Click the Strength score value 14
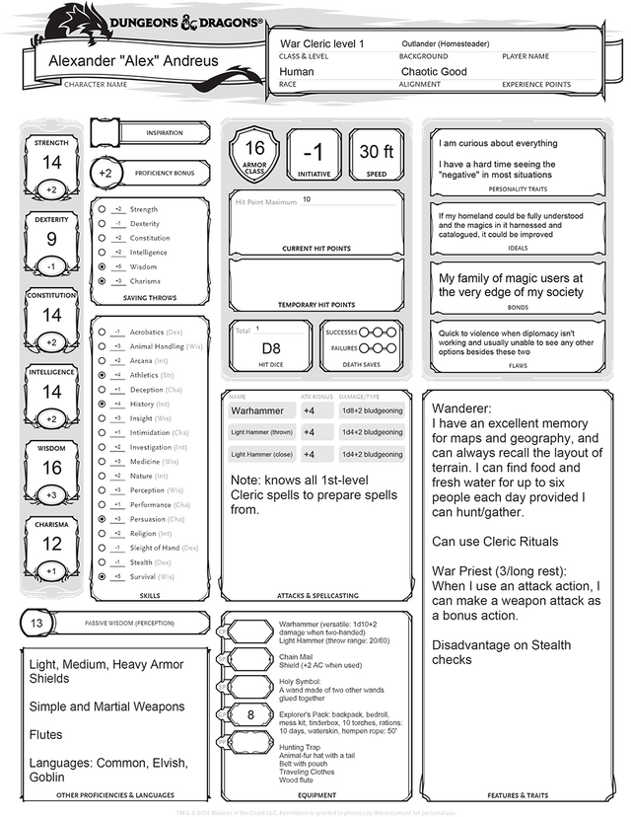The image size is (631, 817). pyautogui.click(x=51, y=162)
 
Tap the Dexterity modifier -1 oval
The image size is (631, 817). pyautogui.click(x=51, y=266)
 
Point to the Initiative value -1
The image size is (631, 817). pyautogui.click(x=313, y=153)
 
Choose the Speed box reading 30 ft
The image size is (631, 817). pyautogui.click(x=377, y=152)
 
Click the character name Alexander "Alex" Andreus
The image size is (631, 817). pyautogui.click(x=133, y=61)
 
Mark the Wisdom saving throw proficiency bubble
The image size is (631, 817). pyautogui.click(x=102, y=266)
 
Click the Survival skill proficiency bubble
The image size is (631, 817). pyautogui.click(x=102, y=576)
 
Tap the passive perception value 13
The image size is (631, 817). pyautogui.click(x=36, y=624)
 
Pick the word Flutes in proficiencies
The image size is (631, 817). pyautogui.click(x=47, y=735)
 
